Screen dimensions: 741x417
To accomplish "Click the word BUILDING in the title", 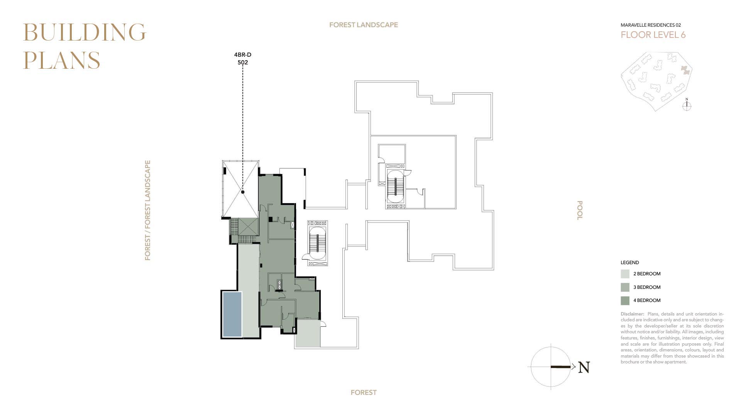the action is point(85,32).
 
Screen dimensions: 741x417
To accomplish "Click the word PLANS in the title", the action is point(62,60).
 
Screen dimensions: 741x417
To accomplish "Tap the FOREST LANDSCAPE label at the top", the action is point(364,25).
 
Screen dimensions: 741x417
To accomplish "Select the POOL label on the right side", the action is point(579,210).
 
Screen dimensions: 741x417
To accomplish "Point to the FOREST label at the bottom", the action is point(364,393).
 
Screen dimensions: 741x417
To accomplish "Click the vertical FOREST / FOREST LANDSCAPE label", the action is point(147,210).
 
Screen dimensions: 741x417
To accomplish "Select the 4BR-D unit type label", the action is point(243,55).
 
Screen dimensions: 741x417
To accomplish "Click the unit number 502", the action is point(243,63).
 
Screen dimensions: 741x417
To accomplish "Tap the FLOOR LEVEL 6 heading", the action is point(653,35).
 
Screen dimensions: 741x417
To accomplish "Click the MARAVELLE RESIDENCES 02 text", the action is point(651,25).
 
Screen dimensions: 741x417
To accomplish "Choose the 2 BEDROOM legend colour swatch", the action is point(625,274).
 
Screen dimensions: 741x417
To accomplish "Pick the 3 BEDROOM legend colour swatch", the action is point(625,287).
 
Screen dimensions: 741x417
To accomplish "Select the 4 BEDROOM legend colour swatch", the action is point(625,300).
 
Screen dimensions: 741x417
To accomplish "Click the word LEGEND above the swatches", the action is point(630,263).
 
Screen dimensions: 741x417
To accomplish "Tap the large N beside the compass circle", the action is point(584,368).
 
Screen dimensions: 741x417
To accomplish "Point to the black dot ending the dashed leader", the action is point(243,192).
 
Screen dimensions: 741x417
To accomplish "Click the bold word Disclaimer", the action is point(633,314).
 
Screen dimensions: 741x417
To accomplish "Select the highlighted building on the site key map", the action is point(685,70).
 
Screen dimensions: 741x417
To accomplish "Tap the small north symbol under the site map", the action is point(687,105).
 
